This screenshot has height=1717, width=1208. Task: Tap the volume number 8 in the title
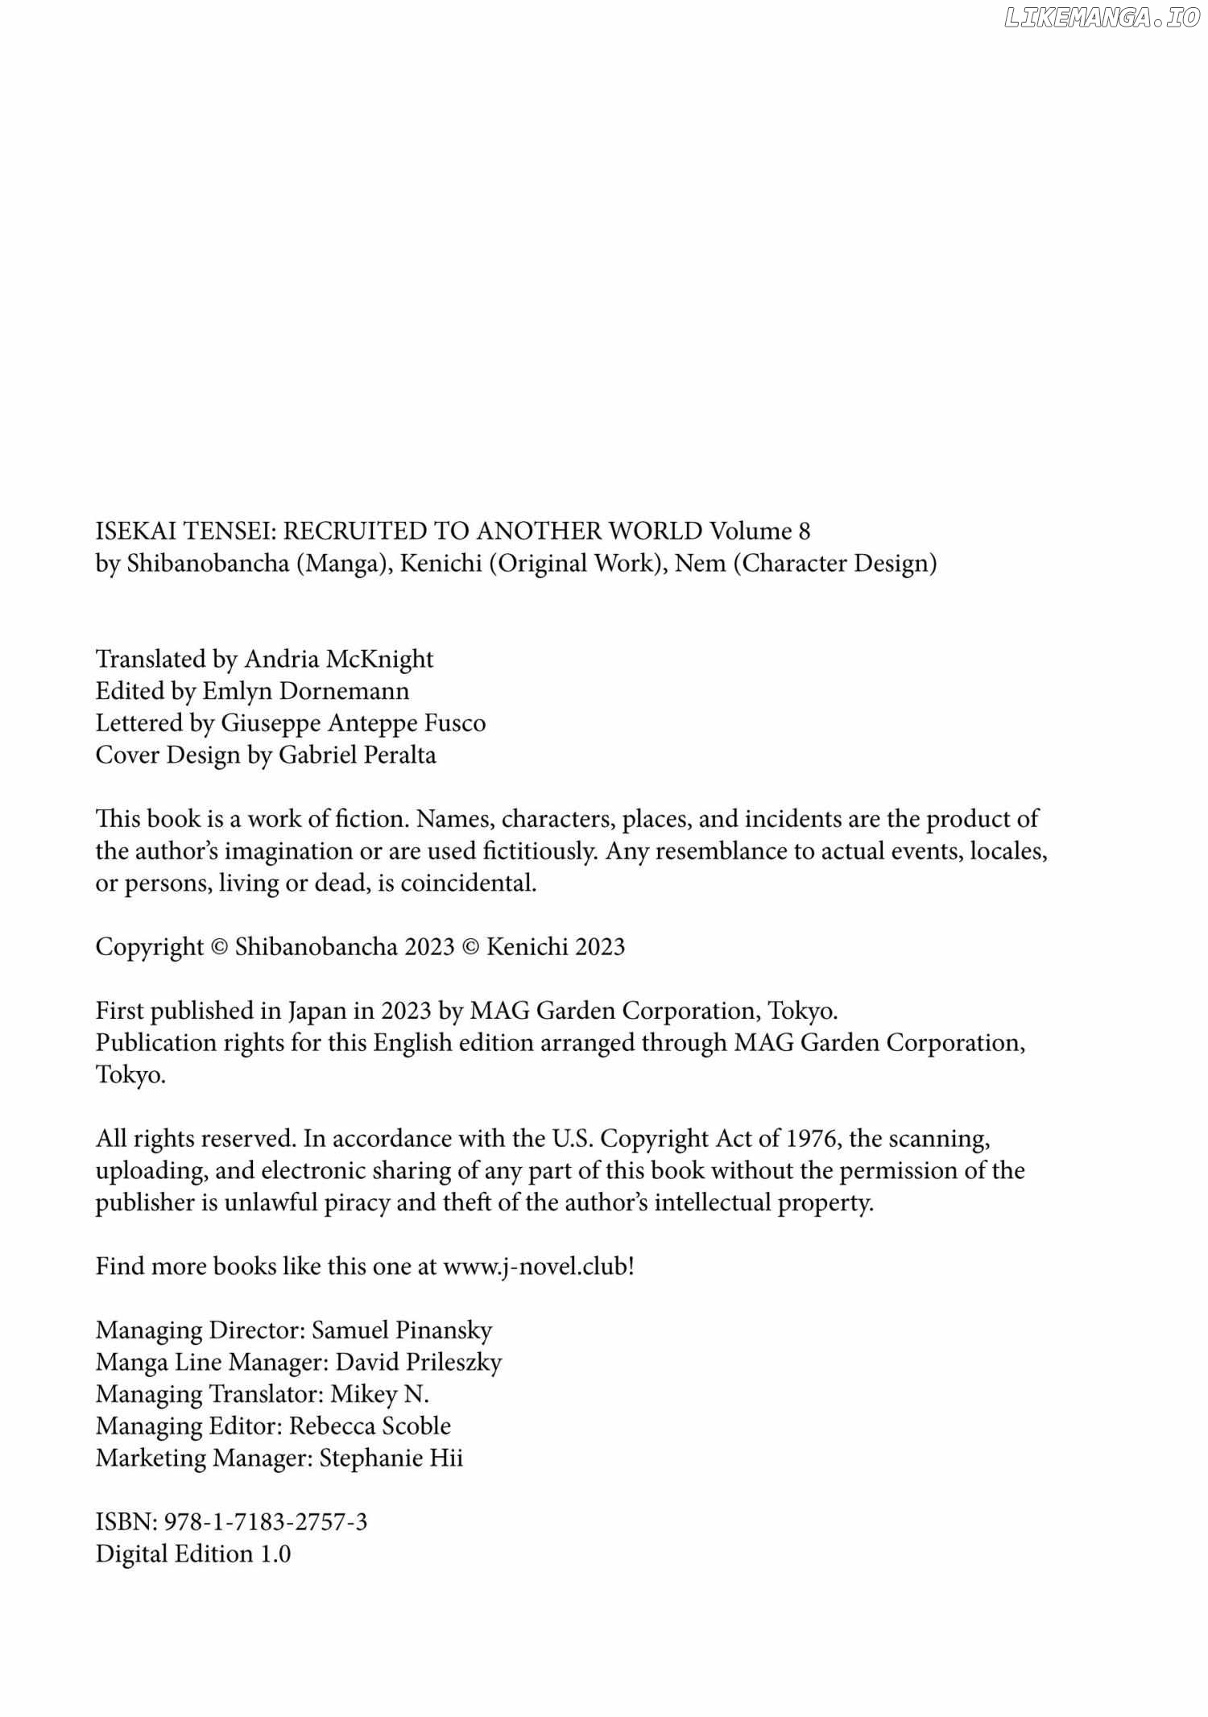click(803, 532)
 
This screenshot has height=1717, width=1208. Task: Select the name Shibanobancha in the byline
click(207, 564)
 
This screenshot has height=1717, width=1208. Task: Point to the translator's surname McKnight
click(379, 660)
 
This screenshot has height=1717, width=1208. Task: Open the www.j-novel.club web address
click(535, 1267)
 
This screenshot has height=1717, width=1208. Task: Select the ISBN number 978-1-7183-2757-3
click(266, 1522)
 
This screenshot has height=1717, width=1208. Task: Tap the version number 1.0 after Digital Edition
click(275, 1554)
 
